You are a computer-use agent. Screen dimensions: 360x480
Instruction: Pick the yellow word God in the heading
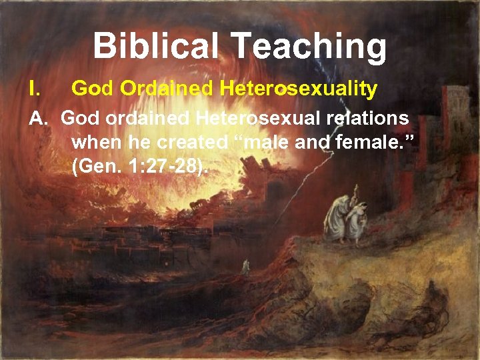coord(89,88)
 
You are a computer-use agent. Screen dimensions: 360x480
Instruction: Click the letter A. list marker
coord(38,119)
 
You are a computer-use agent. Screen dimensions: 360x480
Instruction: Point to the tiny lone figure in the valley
coord(246,266)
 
